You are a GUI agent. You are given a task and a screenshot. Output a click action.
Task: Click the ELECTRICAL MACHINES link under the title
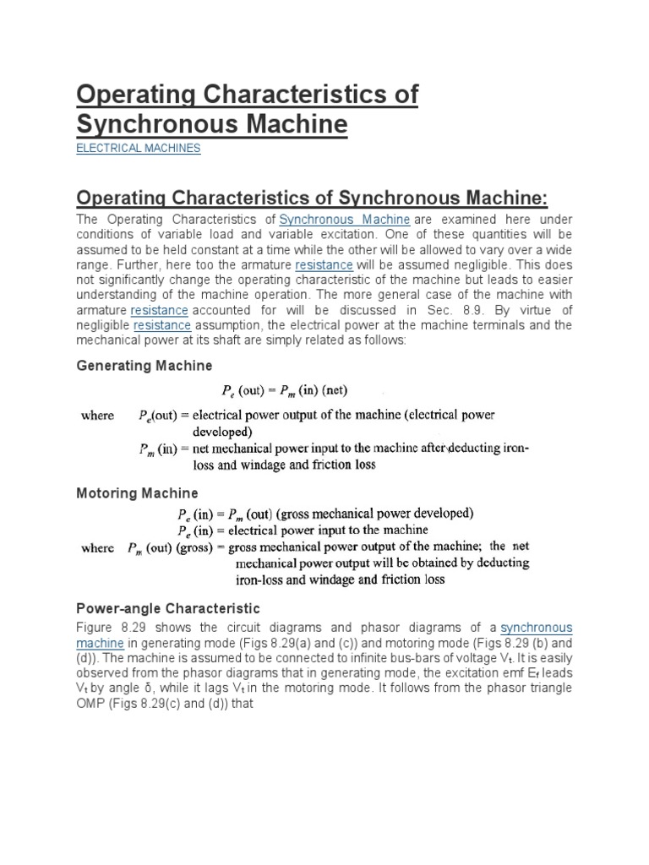139,148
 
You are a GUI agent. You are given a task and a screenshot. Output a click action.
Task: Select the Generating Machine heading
145,366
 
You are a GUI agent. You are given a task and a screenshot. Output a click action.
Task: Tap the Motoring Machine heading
138,492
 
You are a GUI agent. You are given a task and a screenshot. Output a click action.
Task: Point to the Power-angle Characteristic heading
168,608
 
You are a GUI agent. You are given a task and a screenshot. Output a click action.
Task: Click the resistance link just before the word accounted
159,311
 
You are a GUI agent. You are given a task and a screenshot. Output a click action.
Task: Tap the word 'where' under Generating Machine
97,416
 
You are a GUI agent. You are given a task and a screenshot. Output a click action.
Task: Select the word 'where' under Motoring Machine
97,547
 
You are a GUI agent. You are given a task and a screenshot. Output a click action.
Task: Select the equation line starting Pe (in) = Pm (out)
324,513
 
